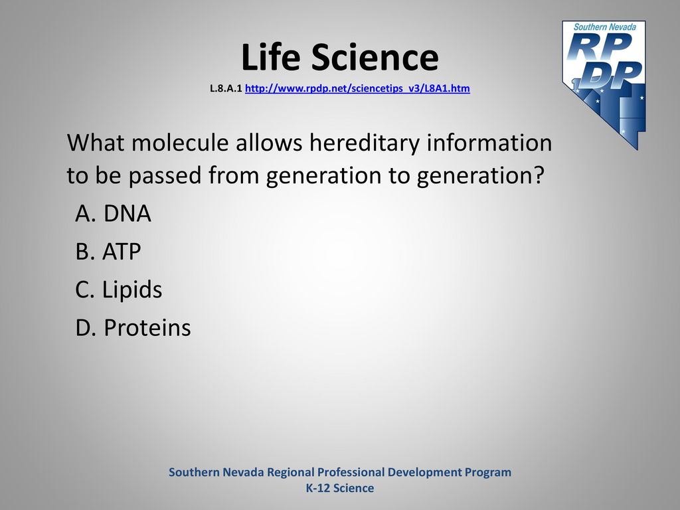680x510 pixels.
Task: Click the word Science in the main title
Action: (375, 57)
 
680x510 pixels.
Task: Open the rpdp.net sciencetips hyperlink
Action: (357, 88)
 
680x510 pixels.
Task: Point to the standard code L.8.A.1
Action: (226, 88)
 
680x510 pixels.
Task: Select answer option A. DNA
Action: (113, 213)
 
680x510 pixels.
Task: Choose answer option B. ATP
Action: (108, 252)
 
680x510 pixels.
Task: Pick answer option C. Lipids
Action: (118, 290)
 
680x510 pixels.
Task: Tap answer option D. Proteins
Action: (133, 327)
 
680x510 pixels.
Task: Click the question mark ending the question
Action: (539, 175)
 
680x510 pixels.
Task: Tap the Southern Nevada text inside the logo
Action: (604, 27)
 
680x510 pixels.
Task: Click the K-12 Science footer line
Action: (340, 488)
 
